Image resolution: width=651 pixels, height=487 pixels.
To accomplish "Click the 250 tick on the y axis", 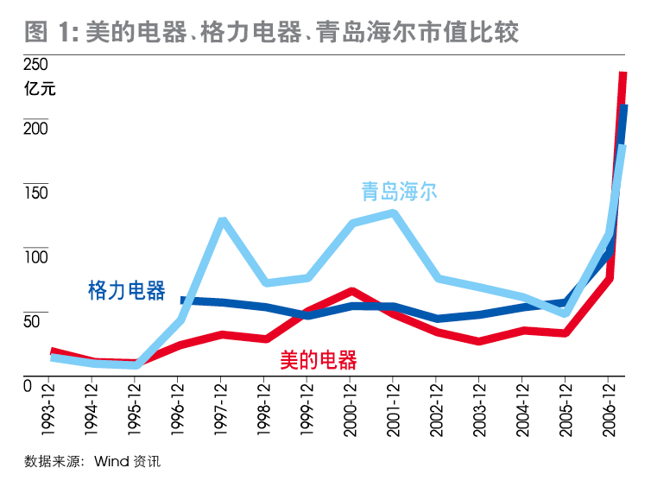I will pos(35,66).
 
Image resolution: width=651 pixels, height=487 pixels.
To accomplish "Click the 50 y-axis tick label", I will pos(32,322).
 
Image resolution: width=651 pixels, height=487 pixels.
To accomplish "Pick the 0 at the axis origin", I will pos(28,386).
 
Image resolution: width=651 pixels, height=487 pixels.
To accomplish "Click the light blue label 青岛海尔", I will pos(399,191).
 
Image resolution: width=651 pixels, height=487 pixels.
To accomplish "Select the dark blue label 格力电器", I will pos(127,290).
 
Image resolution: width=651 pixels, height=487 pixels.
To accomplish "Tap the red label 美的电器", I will pos(319,360).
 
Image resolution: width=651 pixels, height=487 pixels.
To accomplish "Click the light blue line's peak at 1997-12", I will pos(222,221).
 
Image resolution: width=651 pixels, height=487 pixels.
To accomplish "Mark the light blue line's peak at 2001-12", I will pos(393,212).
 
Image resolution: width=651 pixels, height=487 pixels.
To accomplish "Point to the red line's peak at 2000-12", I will pos(351,291).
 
